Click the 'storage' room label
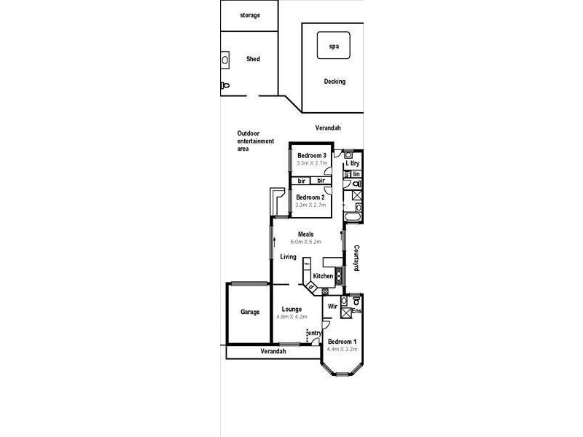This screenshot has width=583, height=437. tap(250, 15)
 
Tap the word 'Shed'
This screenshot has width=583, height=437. tap(253, 60)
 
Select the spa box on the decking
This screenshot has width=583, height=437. tap(334, 46)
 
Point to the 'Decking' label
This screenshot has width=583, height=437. tap(334, 82)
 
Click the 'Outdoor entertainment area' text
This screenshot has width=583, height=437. tap(253, 141)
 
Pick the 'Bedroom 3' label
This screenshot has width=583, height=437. tap(311, 154)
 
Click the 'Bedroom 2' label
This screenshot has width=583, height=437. tap(310, 197)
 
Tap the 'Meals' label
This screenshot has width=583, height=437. tap(305, 234)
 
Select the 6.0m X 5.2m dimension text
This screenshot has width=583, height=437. tap(305, 242)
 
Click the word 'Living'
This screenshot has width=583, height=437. tap(288, 256)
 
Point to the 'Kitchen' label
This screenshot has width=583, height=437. tap(323, 277)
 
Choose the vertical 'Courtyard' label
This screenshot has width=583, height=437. tap(357, 258)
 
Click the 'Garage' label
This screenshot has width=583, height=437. tap(250, 312)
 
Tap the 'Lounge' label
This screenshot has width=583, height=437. tap(291, 309)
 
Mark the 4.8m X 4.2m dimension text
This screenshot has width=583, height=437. tap(291, 317)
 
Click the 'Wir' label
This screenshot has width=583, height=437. tap(332, 307)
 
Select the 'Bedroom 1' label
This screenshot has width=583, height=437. tap(342, 342)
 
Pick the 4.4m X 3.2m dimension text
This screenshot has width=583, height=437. tap(342, 350)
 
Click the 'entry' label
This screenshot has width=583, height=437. tap(314, 333)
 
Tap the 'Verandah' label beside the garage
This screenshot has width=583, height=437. tap(273, 352)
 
